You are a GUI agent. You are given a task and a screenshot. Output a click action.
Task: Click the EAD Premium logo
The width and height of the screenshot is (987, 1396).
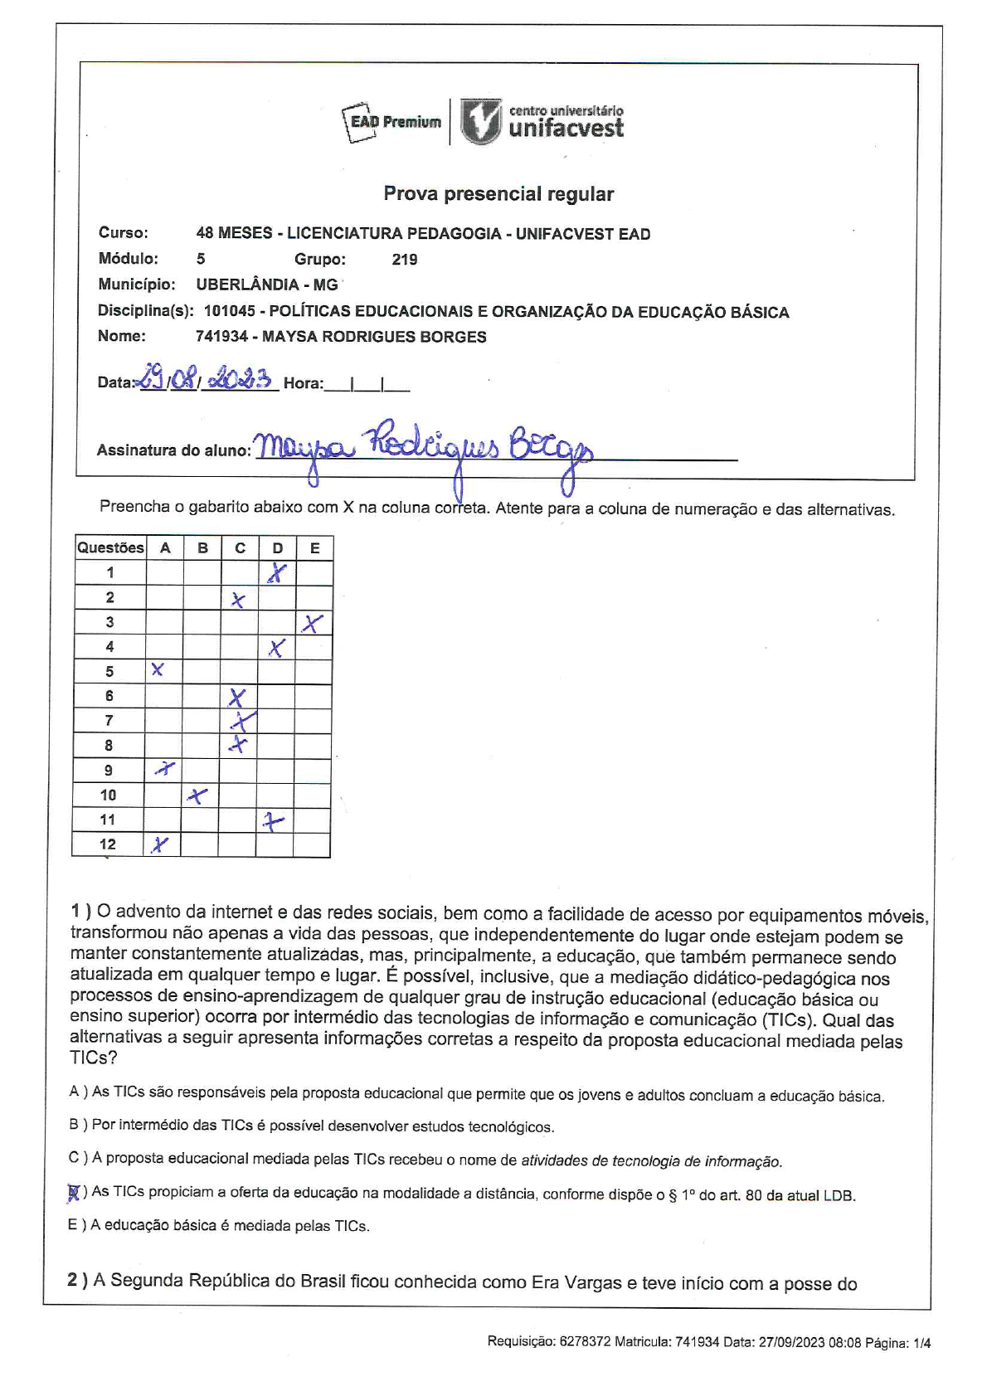click(x=391, y=123)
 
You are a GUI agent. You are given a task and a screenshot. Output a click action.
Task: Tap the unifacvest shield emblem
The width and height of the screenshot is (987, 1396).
click(x=481, y=123)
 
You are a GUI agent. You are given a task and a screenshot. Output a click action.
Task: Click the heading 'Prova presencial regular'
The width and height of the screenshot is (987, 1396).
click(x=498, y=194)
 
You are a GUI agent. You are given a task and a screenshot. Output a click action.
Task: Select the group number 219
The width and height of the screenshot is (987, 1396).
click(x=405, y=260)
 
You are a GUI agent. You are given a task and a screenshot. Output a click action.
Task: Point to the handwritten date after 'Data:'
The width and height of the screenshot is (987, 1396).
click(x=207, y=380)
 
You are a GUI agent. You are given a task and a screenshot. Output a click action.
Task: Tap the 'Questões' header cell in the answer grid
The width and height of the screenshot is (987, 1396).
click(x=109, y=547)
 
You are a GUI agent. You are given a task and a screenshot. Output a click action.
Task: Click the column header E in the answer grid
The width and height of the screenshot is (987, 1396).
click(x=315, y=547)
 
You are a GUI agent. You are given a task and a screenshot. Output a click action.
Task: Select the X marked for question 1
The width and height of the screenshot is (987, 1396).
click(x=278, y=573)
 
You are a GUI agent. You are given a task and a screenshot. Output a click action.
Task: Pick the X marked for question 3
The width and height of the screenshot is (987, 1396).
click(x=313, y=623)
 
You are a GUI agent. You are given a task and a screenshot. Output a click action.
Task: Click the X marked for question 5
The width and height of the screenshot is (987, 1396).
click(x=158, y=670)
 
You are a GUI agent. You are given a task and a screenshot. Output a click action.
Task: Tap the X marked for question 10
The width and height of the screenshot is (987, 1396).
click(x=197, y=796)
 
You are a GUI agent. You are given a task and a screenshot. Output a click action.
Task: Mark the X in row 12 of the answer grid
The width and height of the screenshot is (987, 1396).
click(x=159, y=845)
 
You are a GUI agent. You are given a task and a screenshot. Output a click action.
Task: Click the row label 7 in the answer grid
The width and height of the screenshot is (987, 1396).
click(x=109, y=721)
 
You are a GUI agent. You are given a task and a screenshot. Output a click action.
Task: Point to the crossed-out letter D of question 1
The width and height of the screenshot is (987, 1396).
click(x=74, y=1193)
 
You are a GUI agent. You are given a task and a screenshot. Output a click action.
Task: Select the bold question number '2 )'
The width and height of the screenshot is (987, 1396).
click(x=77, y=1280)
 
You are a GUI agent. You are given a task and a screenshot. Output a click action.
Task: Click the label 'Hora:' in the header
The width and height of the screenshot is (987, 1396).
click(x=304, y=383)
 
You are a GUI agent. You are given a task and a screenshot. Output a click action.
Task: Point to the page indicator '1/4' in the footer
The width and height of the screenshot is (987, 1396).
click(x=921, y=1343)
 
